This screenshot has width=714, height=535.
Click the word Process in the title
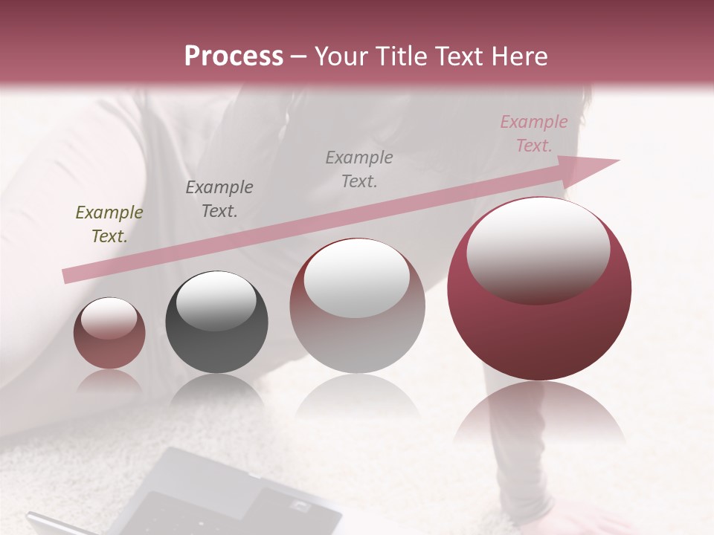coord(234,56)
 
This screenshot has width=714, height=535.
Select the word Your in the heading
coord(340,56)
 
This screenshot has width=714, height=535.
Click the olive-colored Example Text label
coord(109,224)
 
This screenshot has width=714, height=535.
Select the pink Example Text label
coord(533,134)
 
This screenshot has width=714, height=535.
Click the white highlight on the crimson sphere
coord(538,248)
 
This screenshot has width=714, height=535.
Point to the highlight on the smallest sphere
coord(109,318)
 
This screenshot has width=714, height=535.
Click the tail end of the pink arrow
coord(68,276)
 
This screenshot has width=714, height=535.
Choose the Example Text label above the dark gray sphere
coord(219,199)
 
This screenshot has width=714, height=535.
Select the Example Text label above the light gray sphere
coord(358,169)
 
